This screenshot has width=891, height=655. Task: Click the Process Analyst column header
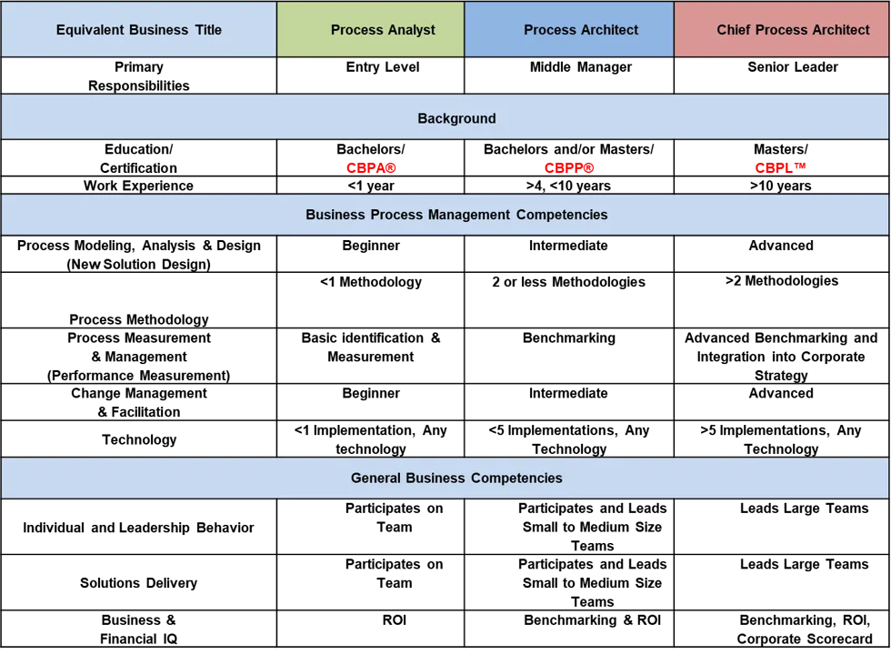click(383, 29)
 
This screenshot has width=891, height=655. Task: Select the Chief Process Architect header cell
click(793, 29)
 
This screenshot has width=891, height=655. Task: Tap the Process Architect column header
click(581, 29)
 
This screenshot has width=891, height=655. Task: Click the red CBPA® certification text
click(371, 167)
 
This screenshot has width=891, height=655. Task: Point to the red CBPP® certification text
click(569, 167)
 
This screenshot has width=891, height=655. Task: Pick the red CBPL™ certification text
click(781, 167)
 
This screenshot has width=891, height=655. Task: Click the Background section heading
click(456, 118)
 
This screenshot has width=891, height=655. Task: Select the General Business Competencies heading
click(456, 478)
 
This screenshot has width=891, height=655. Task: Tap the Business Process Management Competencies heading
click(456, 215)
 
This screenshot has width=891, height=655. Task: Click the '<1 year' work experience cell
click(371, 186)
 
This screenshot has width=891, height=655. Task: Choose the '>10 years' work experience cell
click(781, 186)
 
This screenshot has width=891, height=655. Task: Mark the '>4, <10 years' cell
click(569, 186)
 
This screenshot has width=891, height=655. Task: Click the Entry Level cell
click(383, 67)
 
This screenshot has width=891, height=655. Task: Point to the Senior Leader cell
click(793, 67)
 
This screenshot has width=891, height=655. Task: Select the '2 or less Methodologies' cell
click(569, 282)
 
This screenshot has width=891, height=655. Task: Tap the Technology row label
click(139, 439)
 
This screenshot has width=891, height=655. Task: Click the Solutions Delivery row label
click(138, 583)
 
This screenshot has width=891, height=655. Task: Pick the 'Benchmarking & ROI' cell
click(593, 620)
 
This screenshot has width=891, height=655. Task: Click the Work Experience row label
click(138, 186)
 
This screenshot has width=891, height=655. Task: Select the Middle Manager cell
click(581, 67)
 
